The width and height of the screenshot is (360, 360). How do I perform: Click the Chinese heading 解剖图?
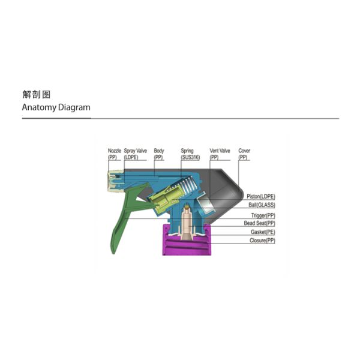click(36, 94)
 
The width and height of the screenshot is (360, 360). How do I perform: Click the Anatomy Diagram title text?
click(56, 107)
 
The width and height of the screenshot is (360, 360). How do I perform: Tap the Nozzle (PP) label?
click(115, 154)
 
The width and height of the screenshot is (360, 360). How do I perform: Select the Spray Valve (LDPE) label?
click(135, 154)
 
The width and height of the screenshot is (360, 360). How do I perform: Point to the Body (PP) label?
click(158, 154)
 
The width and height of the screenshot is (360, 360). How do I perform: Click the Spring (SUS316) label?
click(190, 154)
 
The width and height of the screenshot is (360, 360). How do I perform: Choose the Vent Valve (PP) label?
click(220, 154)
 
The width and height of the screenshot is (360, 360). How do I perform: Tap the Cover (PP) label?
click(244, 154)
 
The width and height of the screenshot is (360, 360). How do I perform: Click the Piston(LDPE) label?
click(261, 197)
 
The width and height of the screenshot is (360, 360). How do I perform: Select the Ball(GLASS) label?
click(262, 205)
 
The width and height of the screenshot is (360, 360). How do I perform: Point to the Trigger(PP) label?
click(263, 215)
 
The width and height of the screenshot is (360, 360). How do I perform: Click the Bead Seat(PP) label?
click(259, 223)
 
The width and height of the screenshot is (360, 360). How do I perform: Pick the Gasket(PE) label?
click(263, 232)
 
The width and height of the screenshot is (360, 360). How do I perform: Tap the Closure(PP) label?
click(262, 241)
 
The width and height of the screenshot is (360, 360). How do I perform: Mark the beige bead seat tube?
click(188, 224)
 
